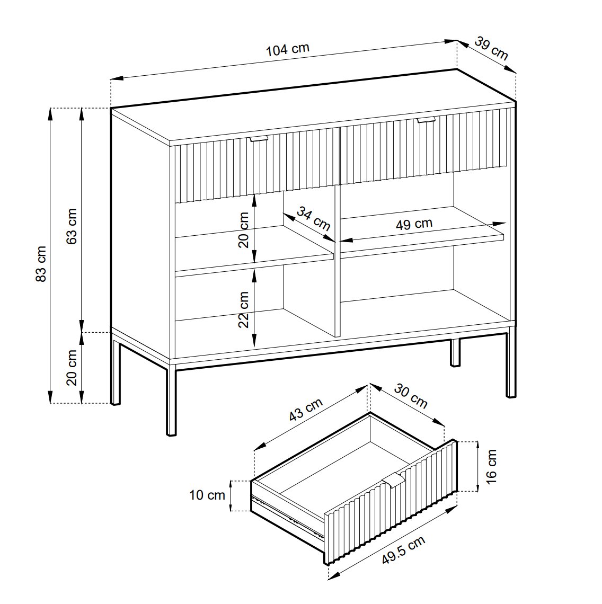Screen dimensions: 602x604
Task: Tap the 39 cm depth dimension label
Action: pyautogui.click(x=491, y=48)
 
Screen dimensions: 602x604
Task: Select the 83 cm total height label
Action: pyautogui.click(x=41, y=264)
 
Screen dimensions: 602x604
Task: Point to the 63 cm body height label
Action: pyautogui.click(x=72, y=226)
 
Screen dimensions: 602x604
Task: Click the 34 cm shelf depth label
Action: pyautogui.click(x=313, y=218)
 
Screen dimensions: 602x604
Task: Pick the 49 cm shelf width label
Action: pyautogui.click(x=414, y=224)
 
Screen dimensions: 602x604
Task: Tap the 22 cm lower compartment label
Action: pyautogui.click(x=244, y=309)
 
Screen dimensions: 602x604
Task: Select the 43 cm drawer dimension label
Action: pyautogui.click(x=306, y=410)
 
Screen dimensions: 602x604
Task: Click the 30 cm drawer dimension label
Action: pyautogui.click(x=411, y=396)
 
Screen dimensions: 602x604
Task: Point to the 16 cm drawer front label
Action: pyautogui.click(x=491, y=466)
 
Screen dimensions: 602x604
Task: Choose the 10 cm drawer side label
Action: pyautogui.click(x=207, y=495)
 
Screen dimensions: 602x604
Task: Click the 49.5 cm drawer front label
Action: pyautogui.click(x=403, y=550)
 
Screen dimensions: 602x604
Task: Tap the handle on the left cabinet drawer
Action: pyautogui.click(x=259, y=139)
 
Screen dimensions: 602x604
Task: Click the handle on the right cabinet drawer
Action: pyautogui.click(x=426, y=120)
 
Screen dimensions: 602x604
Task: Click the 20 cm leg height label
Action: pyautogui.click(x=72, y=368)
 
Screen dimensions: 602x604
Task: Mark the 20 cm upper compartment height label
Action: pyautogui.click(x=244, y=230)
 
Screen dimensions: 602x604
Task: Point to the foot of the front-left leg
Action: pyautogui.click(x=171, y=433)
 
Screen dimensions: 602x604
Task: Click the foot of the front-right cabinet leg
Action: pyautogui.click(x=511, y=395)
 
